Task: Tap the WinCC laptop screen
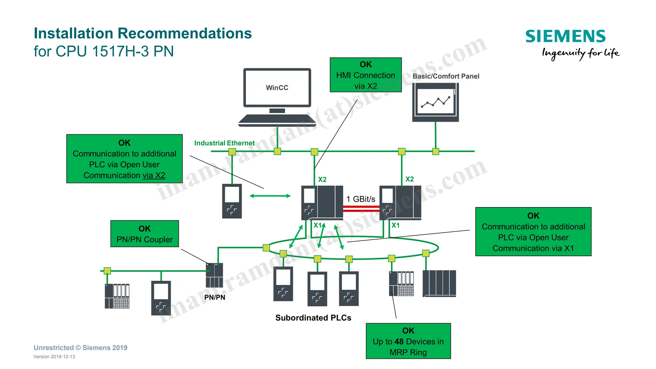coord(277,88)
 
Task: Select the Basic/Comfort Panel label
coord(446,76)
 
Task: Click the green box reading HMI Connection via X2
coord(365,75)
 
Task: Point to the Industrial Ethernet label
coord(224,143)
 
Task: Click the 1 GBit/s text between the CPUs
coord(361,199)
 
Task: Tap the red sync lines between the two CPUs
coord(361,209)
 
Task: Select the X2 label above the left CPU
coord(322,180)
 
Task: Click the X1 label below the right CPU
coord(396,225)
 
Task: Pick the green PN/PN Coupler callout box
coord(144,234)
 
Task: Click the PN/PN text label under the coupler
coord(215,297)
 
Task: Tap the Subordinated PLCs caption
coord(313,318)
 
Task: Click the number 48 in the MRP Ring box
coord(399,341)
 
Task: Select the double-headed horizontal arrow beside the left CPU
coord(270,196)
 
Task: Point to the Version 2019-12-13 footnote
coord(54,356)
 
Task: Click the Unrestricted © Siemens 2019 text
coord(80,348)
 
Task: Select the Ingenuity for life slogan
coord(580,53)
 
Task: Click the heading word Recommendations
coord(184,33)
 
